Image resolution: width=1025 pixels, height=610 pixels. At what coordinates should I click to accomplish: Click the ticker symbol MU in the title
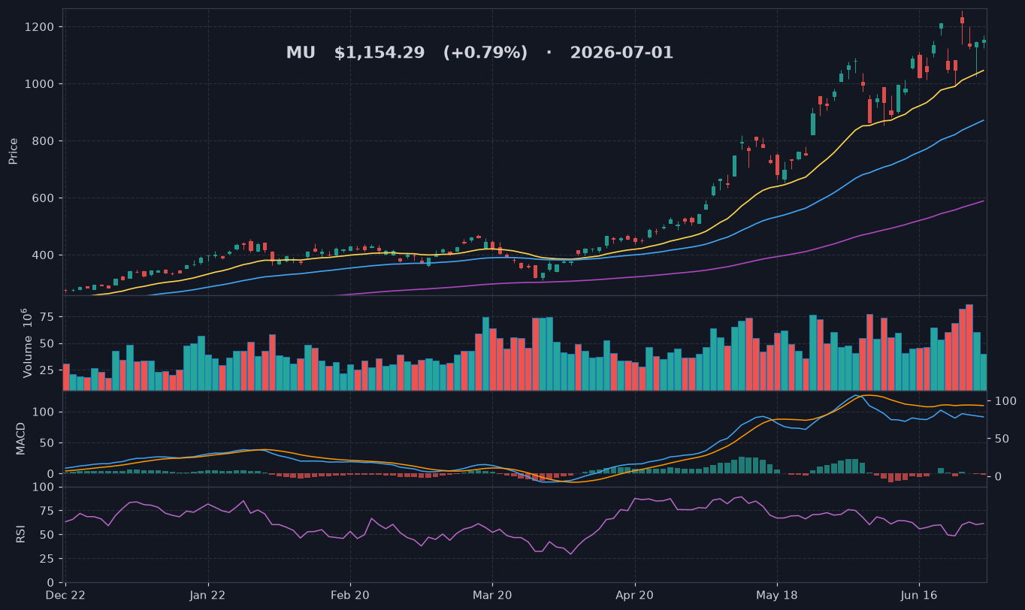301,53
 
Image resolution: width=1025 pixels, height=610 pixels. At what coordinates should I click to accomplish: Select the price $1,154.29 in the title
379,53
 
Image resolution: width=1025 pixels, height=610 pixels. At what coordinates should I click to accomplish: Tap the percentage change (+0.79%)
485,53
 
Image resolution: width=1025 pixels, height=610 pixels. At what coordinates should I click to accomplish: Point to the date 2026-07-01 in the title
621,53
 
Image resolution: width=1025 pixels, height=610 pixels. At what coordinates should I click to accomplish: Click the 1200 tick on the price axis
38,27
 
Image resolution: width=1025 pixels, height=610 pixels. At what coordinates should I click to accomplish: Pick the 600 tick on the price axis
43,198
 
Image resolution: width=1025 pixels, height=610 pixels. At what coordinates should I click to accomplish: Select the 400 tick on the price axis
43,255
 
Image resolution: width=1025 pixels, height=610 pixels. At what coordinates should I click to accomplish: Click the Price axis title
13,151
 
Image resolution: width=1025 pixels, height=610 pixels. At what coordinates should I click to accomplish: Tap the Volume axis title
28,343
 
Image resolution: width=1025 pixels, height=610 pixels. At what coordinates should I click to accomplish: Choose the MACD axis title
20,439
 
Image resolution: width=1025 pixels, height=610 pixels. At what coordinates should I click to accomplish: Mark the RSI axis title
20,534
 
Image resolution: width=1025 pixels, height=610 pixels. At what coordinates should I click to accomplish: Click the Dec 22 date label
65,596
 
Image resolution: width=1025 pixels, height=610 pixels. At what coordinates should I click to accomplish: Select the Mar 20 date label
492,596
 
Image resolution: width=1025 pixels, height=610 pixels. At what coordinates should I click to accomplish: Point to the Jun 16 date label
919,596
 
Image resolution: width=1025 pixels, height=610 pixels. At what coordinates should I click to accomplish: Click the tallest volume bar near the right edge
969,347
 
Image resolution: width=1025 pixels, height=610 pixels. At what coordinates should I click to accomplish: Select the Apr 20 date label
634,596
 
